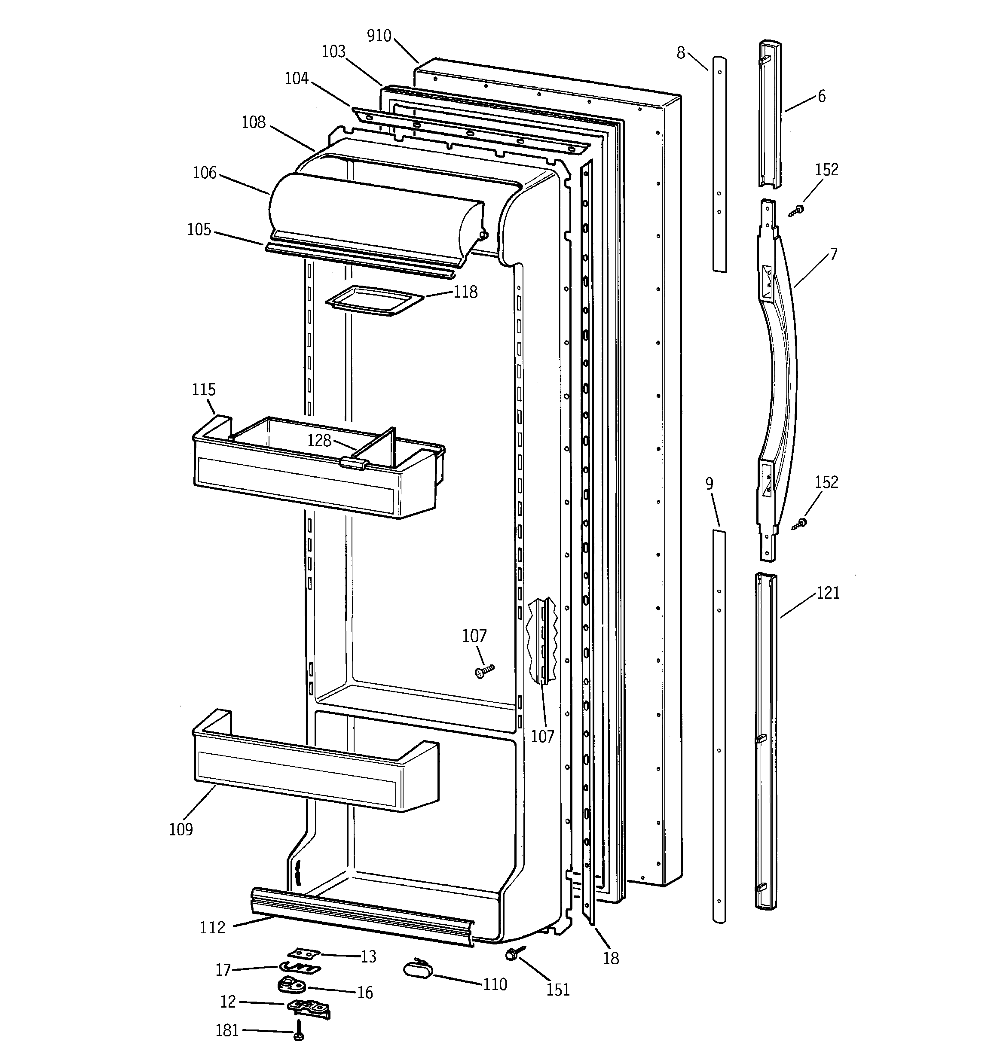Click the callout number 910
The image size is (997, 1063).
tap(379, 36)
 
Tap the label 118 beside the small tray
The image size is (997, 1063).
tap(465, 292)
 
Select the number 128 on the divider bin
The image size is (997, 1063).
tap(319, 440)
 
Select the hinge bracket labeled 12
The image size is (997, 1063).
tap(309, 1008)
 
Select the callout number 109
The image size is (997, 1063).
tap(180, 829)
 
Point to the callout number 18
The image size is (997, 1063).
tap(611, 958)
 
